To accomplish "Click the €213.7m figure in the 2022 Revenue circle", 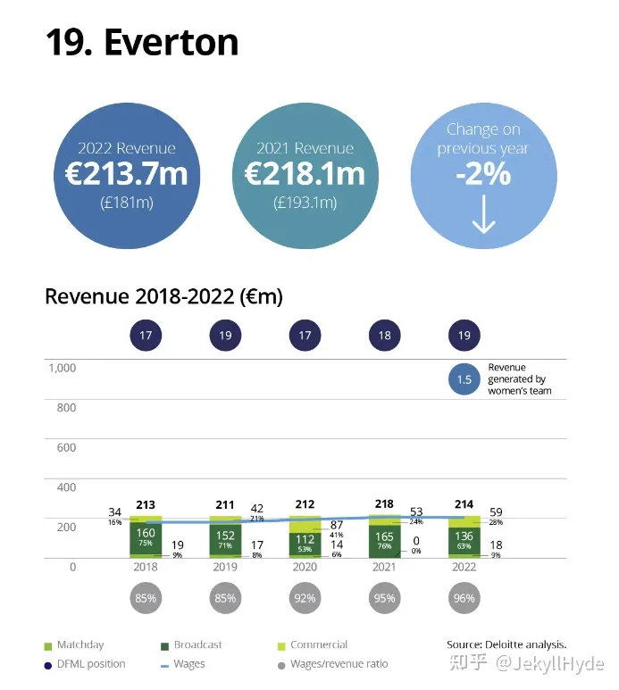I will coord(126,174).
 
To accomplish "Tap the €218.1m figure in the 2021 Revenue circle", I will coord(305,174).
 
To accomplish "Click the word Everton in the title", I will coord(171,42).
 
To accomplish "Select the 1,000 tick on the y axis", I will coord(62,368).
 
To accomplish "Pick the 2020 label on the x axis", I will coord(305,568).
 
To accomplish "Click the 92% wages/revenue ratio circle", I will coord(305,598).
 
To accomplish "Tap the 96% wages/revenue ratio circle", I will coord(464,598).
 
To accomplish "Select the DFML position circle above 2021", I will coord(384,336).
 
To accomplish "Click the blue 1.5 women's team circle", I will coord(464,379).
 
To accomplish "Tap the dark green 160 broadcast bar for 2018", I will coord(146,537).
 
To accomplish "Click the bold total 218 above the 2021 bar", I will coord(384,505).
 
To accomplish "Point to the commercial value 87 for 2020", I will coord(337,526).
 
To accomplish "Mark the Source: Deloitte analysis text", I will coord(506,644).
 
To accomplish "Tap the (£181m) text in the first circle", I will coord(126,203).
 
